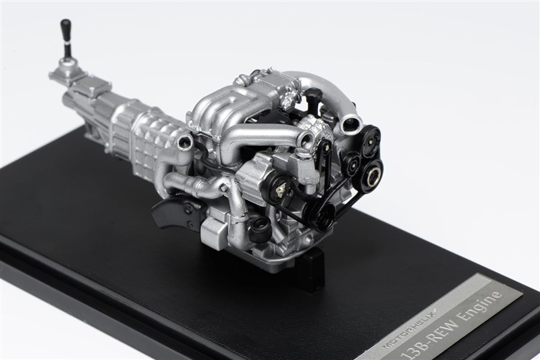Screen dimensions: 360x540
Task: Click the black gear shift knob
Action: click(x=65, y=30)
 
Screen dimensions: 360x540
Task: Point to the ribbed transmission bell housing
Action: click(x=145, y=138)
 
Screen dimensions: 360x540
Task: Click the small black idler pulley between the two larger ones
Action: click(x=350, y=162)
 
